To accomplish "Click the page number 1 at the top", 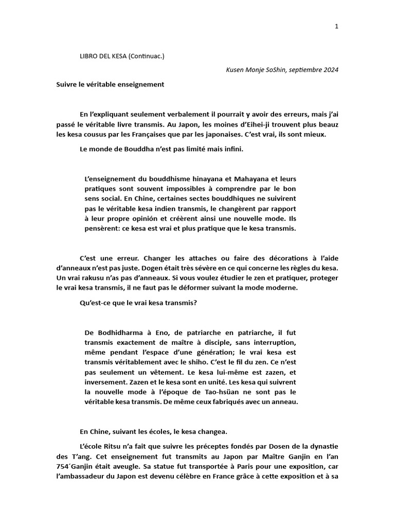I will click(336, 27).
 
